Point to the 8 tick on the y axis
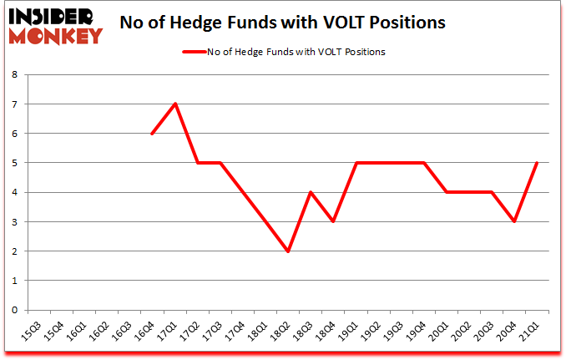[16, 74]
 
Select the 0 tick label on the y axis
[16, 310]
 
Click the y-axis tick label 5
[16, 163]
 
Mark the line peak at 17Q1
[175, 104]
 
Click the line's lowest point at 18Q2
[288, 251]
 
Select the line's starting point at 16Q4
[152, 134]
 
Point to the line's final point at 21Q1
[537, 163]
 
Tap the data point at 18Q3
[311, 192]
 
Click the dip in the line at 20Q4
[514, 221]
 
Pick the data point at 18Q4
[333, 221]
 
